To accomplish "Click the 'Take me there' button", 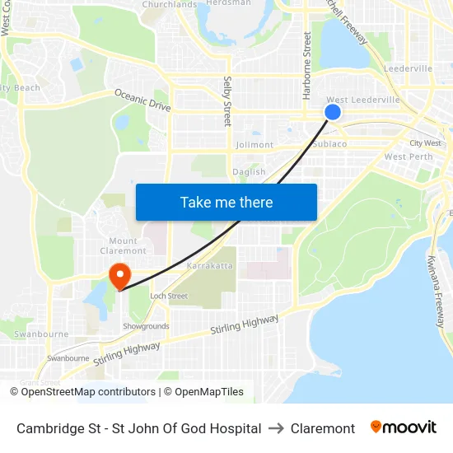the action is [226, 202].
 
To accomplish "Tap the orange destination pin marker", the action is [119, 274].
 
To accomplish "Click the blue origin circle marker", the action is [333, 112].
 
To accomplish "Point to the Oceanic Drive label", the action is [142, 100].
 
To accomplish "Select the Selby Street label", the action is [227, 101].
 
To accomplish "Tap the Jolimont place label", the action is [255, 145].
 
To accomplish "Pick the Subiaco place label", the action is [329, 143].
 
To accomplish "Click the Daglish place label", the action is [249, 172].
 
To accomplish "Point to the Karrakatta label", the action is [210, 268].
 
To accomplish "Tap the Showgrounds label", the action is [146, 326].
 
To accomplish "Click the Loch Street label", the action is [168, 296].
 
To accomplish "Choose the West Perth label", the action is [408, 156].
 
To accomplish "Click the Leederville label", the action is [408, 68].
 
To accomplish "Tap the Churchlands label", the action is [169, 5].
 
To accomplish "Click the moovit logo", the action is [403, 427].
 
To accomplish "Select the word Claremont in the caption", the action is [323, 428].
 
